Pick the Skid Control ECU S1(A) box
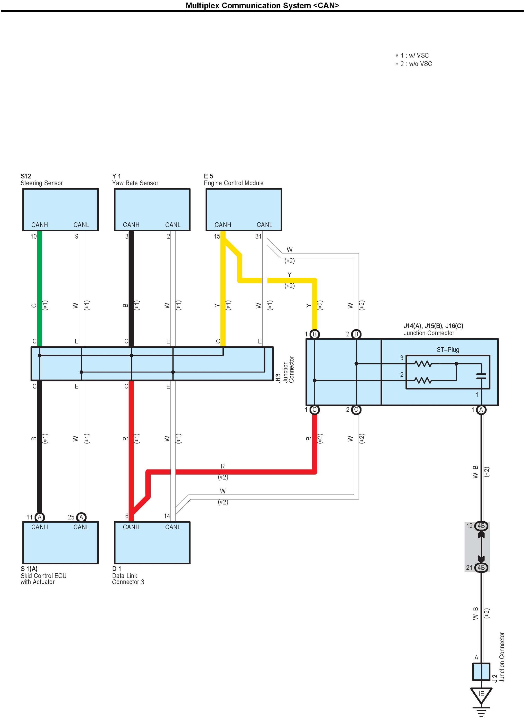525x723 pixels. click(x=60, y=542)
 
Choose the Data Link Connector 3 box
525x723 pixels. click(x=152, y=542)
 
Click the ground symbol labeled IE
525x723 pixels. click(x=481, y=695)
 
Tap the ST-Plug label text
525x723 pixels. click(x=448, y=350)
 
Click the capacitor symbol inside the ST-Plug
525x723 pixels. click(x=481, y=376)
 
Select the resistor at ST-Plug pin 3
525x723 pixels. click(x=423, y=364)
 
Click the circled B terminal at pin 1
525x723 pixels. click(x=314, y=334)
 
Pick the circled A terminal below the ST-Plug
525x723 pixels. click(x=481, y=410)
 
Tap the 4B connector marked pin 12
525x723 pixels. click(x=481, y=526)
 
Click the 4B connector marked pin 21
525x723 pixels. click(x=481, y=568)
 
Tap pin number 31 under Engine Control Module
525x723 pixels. click(x=258, y=236)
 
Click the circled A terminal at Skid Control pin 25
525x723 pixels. click(x=81, y=517)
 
